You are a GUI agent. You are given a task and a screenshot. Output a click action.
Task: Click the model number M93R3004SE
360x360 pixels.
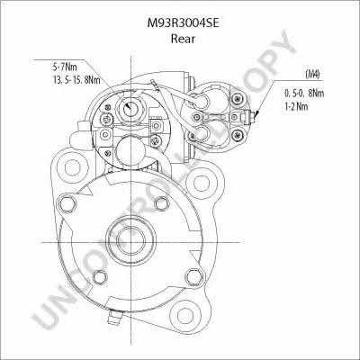pos(183,23)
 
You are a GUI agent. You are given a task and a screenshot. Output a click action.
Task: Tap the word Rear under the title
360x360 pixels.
pos(183,39)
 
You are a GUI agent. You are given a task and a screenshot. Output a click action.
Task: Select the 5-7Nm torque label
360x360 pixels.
pos(63,67)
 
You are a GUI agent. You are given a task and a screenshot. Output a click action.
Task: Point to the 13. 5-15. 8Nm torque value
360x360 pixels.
pos(76,80)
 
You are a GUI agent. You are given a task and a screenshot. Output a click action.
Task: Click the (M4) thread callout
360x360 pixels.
pos(312,74)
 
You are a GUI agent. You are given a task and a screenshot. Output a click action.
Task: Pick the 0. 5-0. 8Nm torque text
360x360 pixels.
pos(304,93)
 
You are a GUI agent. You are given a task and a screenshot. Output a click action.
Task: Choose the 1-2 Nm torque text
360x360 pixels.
pos(296,106)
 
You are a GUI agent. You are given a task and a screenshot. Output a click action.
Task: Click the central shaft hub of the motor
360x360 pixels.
pos(130,239)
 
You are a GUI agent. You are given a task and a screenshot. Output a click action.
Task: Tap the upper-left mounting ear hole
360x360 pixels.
pos(72,167)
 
